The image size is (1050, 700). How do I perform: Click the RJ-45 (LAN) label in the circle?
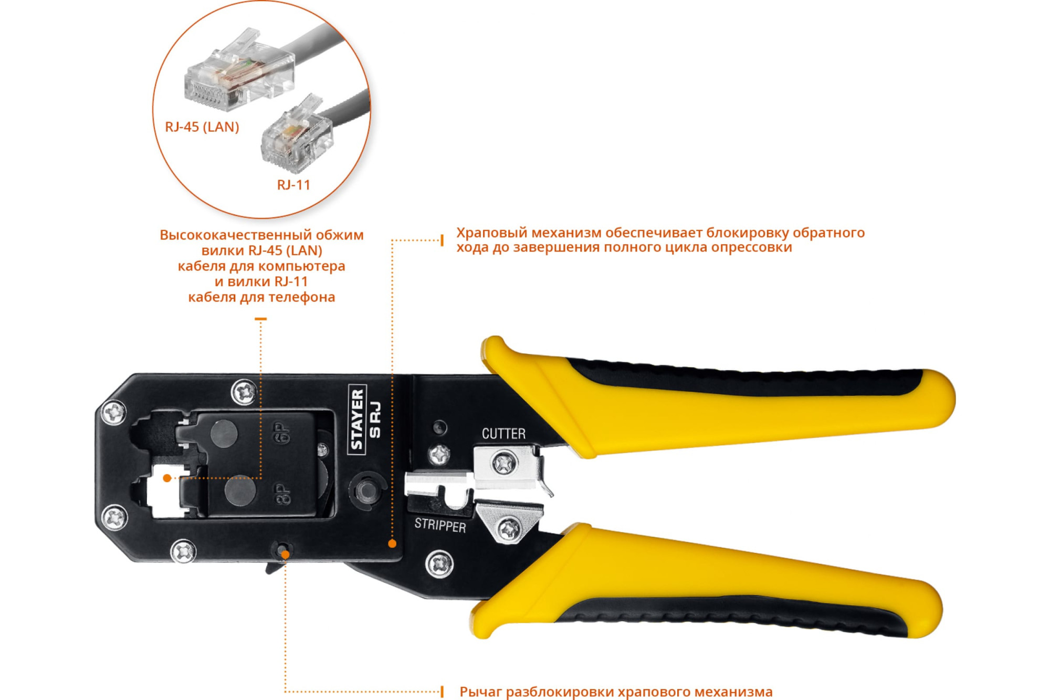pos(202,127)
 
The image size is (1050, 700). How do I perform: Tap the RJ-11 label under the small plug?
pos(293,185)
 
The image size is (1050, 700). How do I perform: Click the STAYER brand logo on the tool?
pos(357,420)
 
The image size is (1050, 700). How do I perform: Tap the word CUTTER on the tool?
pos(503,434)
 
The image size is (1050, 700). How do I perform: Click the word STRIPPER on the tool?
pos(440,525)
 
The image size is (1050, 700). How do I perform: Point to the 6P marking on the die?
pos(282,433)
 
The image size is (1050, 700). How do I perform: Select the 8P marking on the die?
pos(283,494)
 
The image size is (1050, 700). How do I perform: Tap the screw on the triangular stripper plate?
pos(509,529)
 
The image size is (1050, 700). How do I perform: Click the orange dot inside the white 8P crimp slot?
pos(167,478)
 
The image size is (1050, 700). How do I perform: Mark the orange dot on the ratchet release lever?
pos(285,555)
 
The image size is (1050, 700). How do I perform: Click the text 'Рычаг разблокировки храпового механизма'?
pos(616,692)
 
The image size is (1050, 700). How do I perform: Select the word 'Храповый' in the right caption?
pos(492,233)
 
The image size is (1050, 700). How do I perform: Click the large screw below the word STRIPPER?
pos(439,564)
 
